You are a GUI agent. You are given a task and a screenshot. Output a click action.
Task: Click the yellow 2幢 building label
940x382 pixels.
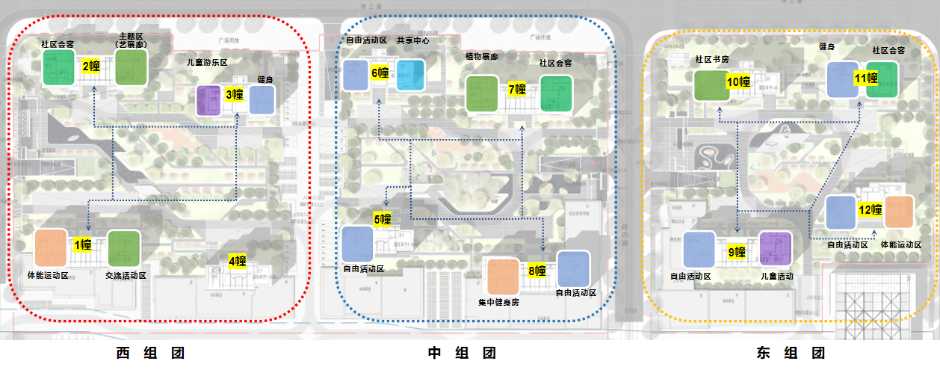click(x=91, y=67)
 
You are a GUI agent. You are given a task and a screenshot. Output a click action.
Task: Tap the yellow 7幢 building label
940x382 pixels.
click(x=517, y=90)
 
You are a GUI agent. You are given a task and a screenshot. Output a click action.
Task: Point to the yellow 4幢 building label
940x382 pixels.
click(x=238, y=261)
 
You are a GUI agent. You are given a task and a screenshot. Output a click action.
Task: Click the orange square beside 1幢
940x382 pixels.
click(x=52, y=248)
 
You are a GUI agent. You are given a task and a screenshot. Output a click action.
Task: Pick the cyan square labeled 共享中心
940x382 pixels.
click(x=410, y=76)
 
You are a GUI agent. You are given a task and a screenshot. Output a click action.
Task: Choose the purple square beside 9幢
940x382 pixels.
click(x=775, y=250)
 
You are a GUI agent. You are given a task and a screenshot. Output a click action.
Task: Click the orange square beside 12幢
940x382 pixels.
click(x=899, y=212)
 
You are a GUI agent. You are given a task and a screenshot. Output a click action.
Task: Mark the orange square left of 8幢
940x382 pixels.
click(x=503, y=276)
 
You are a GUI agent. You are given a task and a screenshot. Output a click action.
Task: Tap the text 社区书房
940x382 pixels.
click(x=711, y=58)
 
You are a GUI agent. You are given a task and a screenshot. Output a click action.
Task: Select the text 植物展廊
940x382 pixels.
click(x=481, y=57)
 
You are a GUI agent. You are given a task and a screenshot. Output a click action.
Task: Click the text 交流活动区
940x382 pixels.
click(x=126, y=276)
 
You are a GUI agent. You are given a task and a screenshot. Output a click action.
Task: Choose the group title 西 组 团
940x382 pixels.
click(x=150, y=354)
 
